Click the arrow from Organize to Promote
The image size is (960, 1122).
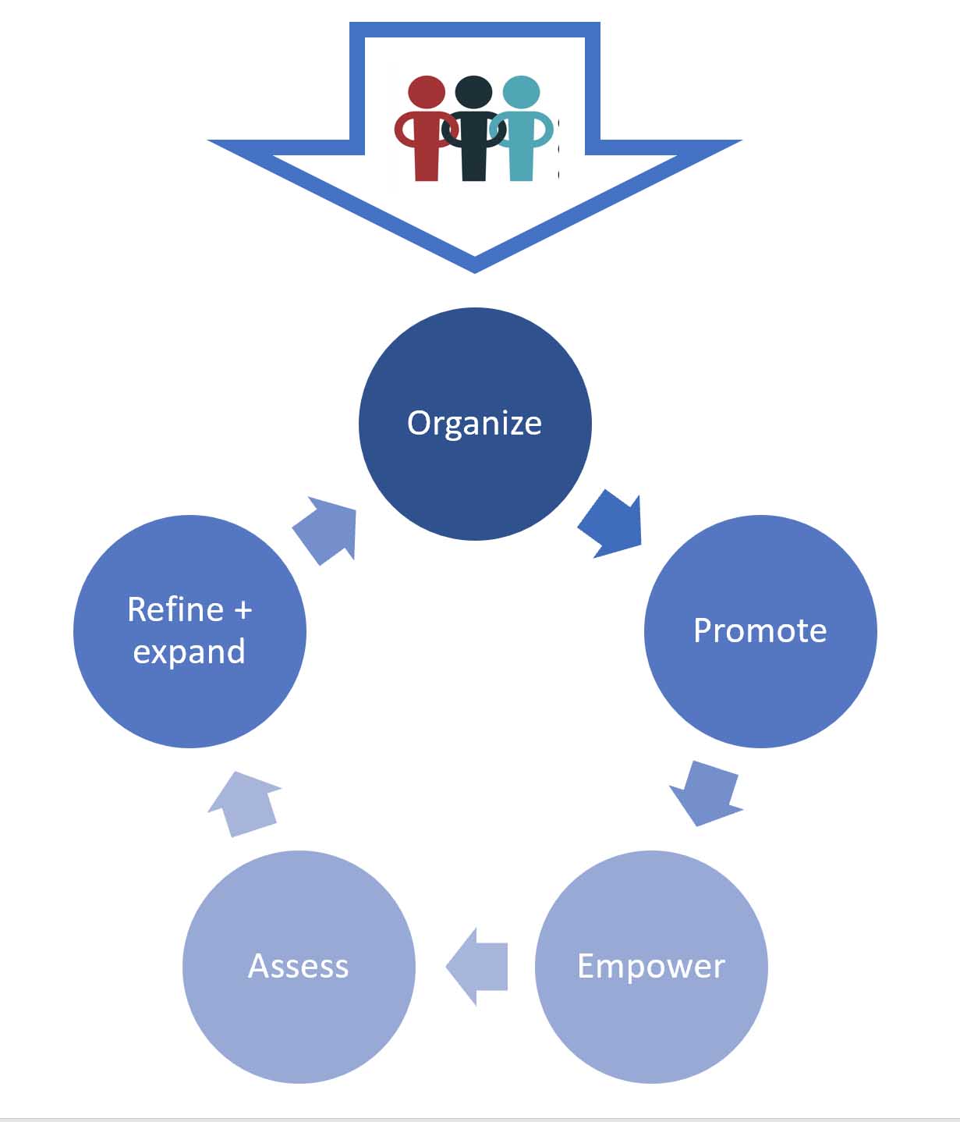613,524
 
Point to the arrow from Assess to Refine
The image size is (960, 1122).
243,803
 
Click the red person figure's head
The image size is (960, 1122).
427,91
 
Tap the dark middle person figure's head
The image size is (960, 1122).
473,91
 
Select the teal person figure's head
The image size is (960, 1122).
521,91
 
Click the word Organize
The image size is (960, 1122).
474,423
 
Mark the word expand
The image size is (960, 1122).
189,652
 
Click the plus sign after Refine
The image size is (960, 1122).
243,609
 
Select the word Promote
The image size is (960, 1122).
760,630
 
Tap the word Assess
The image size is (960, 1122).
298,966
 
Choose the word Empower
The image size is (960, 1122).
651,966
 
